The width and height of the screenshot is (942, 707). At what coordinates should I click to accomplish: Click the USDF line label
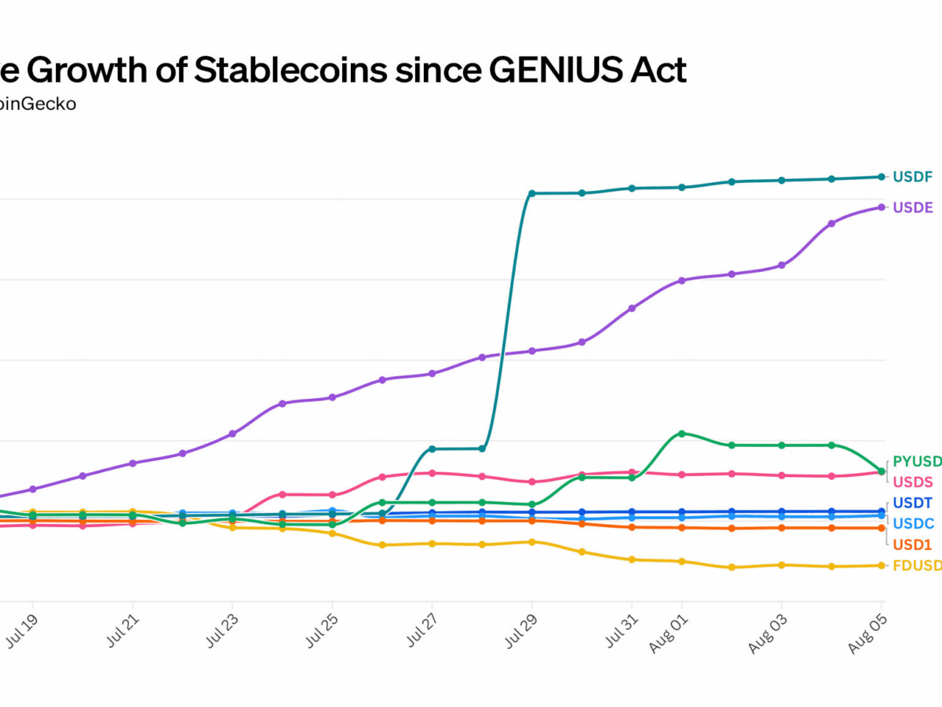(913, 177)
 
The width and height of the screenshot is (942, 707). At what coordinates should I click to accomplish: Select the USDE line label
(913, 207)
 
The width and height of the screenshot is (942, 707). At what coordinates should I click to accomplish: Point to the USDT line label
(913, 503)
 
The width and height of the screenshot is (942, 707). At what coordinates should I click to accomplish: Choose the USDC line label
(913, 523)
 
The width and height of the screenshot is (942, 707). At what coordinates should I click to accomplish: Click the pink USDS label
(913, 482)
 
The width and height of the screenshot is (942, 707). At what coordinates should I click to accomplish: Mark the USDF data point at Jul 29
(531, 193)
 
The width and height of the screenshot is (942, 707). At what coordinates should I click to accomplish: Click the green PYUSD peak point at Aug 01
(681, 434)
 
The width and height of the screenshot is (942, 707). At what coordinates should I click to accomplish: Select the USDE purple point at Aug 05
(881, 207)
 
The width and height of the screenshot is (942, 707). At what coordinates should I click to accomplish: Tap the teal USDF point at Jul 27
(432, 449)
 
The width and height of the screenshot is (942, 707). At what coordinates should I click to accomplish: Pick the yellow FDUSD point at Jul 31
(631, 559)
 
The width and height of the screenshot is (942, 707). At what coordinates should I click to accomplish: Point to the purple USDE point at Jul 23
(232, 434)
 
